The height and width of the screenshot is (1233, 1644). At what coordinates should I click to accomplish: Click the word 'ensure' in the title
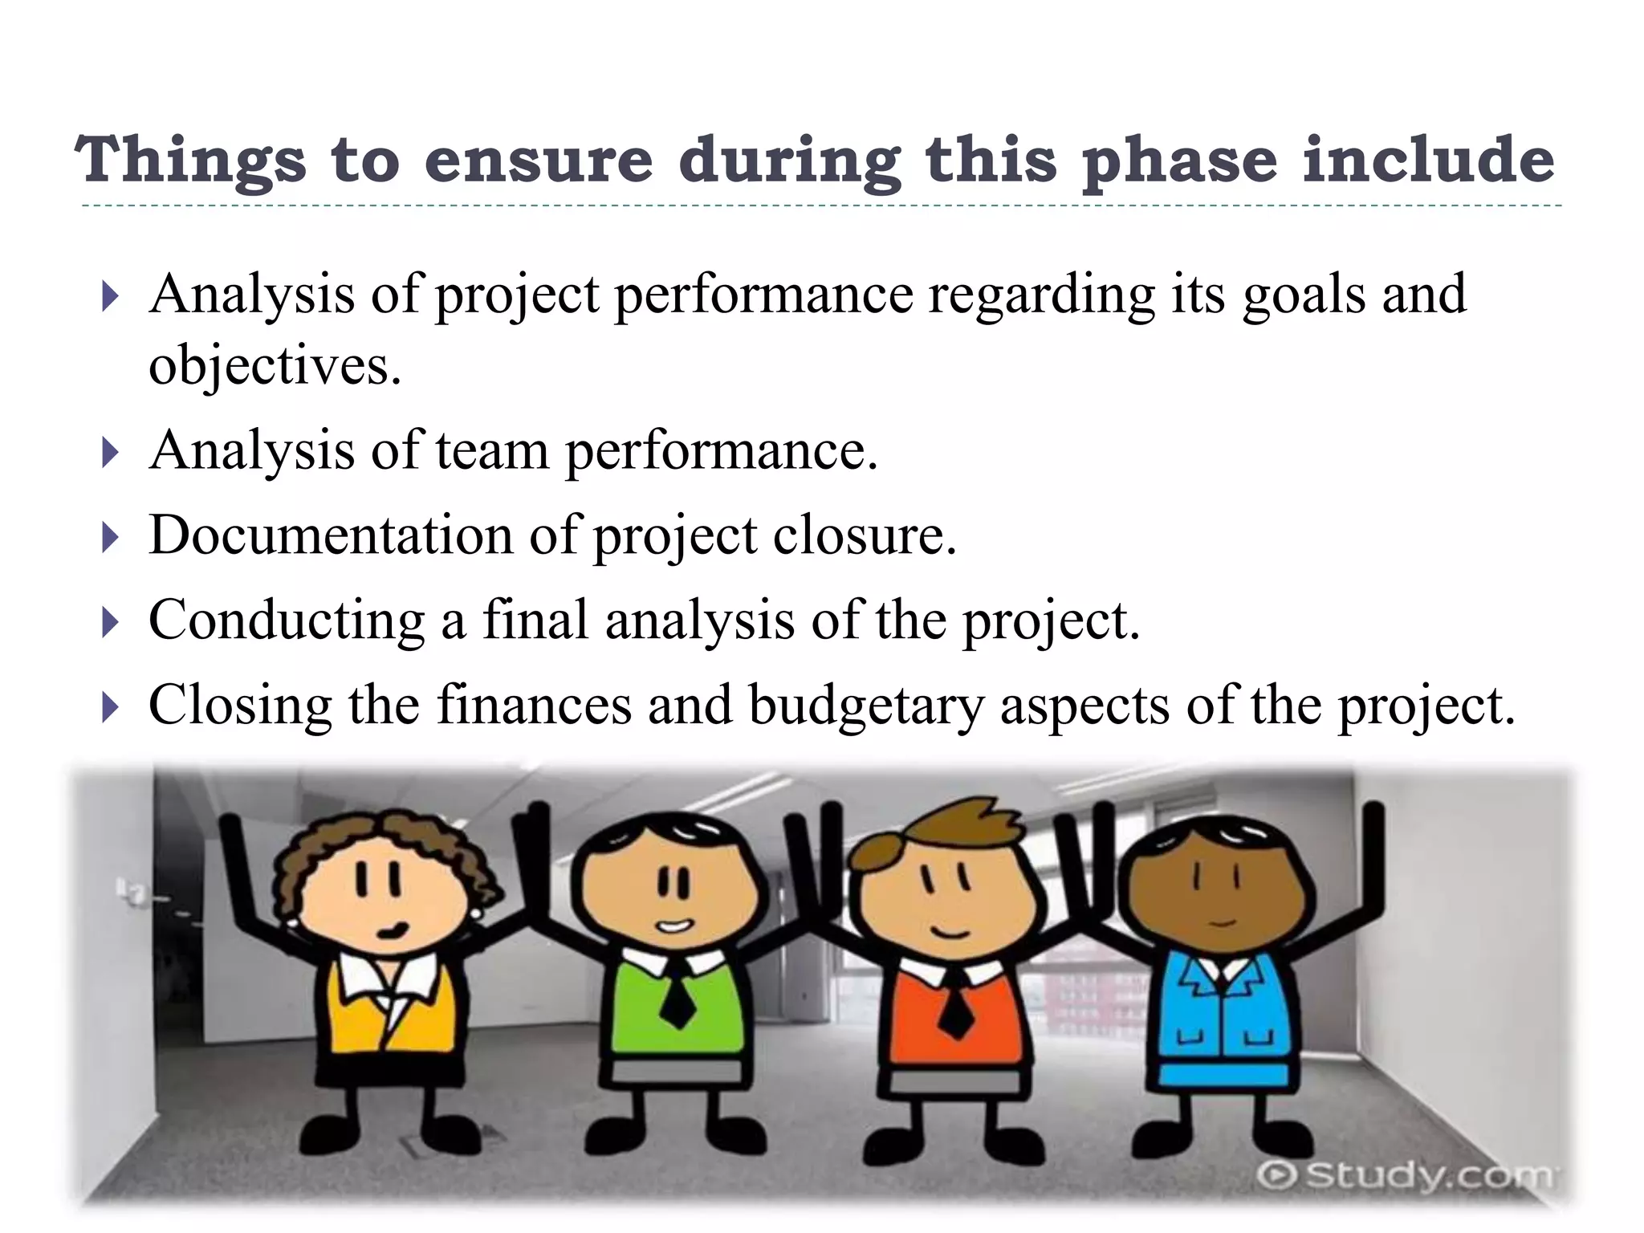pos(539,160)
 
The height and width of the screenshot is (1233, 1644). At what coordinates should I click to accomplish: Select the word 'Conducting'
pos(287,621)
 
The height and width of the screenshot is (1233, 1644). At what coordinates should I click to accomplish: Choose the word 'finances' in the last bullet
pos(534,705)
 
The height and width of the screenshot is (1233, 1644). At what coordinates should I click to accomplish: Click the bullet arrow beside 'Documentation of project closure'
pos(110,537)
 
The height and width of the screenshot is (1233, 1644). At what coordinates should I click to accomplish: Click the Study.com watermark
pos(1405,1175)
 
